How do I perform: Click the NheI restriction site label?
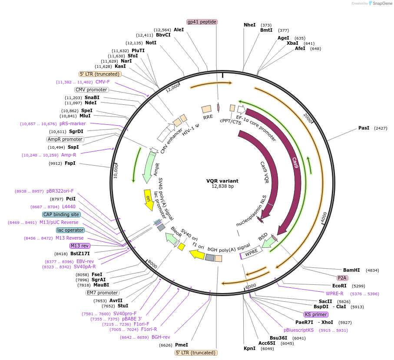tap(250, 25)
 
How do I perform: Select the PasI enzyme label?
tap(364, 128)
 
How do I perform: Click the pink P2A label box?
tap(342, 278)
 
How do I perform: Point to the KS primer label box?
tap(316, 314)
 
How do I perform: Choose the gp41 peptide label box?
tap(202, 22)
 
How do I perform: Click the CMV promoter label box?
tap(91, 90)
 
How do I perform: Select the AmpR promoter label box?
tap(65, 139)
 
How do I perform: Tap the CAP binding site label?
tap(61, 214)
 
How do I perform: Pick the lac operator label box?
tap(70, 230)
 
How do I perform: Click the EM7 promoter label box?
tap(102, 293)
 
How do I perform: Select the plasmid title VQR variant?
tap(222, 181)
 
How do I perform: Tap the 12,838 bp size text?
tap(222, 187)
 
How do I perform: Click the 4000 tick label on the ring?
tap(324, 217)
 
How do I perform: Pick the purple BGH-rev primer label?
tap(161, 337)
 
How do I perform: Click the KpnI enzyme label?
tap(249, 348)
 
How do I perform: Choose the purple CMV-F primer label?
tap(103, 82)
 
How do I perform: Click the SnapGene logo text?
tap(381, 3)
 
